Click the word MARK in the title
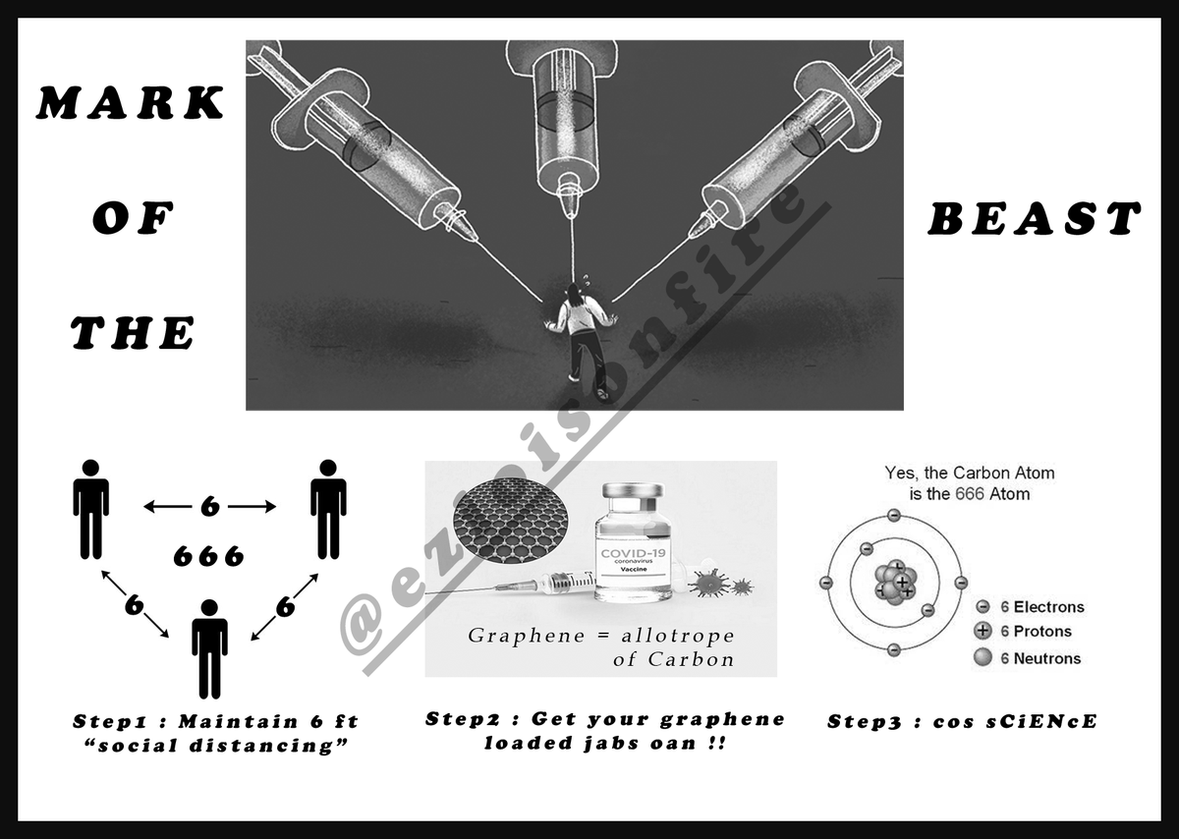coord(131,102)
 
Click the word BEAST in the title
coord(1035,218)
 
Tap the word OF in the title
coord(134,218)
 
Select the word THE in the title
coord(132,333)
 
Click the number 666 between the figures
coord(209,556)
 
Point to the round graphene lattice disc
coord(511,521)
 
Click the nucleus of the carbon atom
coord(895,583)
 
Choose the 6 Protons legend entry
coord(1023,631)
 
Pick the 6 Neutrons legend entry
coord(1028,658)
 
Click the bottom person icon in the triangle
coord(209,649)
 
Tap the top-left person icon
coord(91,510)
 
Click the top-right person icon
coord(328,510)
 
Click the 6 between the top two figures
coord(210,507)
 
